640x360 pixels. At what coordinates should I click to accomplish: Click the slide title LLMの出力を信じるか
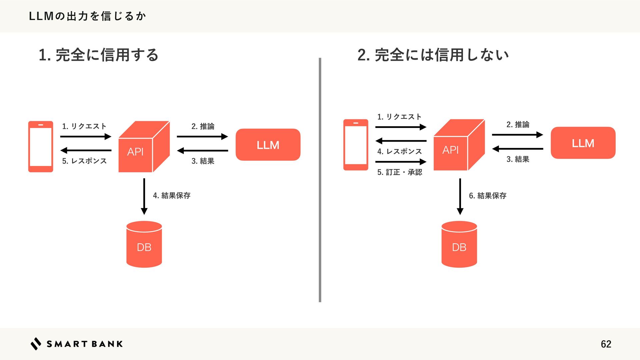tap(87, 16)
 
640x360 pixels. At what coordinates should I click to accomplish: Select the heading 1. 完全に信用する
tap(98, 55)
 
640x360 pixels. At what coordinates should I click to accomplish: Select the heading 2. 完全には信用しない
tap(433, 55)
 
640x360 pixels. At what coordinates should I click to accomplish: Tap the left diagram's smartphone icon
tap(41, 147)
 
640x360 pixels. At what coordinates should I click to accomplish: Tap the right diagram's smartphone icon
tap(356, 145)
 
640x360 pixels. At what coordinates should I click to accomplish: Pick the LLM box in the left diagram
tap(268, 145)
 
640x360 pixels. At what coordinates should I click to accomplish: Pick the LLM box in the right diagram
tap(583, 143)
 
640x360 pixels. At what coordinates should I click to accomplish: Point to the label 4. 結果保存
tap(172, 195)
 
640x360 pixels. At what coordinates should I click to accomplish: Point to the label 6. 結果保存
tap(488, 196)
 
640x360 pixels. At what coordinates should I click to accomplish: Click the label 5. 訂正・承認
tap(400, 172)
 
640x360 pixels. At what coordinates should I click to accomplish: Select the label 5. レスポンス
tap(84, 161)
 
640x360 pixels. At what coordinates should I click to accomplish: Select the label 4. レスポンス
tap(400, 151)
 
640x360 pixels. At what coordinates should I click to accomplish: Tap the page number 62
tap(606, 344)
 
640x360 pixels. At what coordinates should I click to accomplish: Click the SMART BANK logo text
tap(84, 344)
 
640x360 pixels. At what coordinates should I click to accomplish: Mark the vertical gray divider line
tap(320, 180)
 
